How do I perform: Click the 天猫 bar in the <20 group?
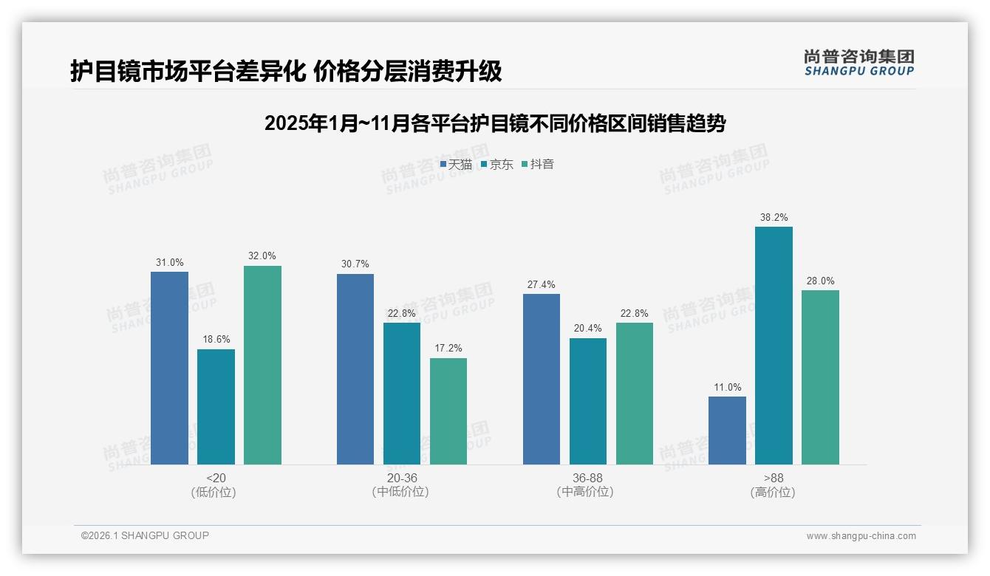tap(169, 368)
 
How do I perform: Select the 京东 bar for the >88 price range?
tap(774, 345)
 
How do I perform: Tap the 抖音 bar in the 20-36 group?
tap(448, 411)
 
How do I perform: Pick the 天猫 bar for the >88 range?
tap(727, 430)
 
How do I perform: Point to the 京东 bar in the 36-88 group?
tap(588, 401)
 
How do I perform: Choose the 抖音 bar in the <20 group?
tap(262, 365)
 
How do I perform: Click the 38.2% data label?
tap(774, 218)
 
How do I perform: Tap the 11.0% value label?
tap(727, 388)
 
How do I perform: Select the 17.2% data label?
tap(448, 349)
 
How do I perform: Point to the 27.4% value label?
tap(542, 285)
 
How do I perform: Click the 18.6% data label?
tap(216, 340)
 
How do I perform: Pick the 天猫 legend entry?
tap(456, 165)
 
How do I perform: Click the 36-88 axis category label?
tap(587, 479)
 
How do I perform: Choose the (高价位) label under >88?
tap(773, 493)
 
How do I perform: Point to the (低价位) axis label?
tap(214, 493)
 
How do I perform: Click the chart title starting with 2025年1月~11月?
tap(494, 123)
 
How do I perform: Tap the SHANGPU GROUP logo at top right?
tap(858, 63)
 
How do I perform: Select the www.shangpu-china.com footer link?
tap(861, 536)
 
